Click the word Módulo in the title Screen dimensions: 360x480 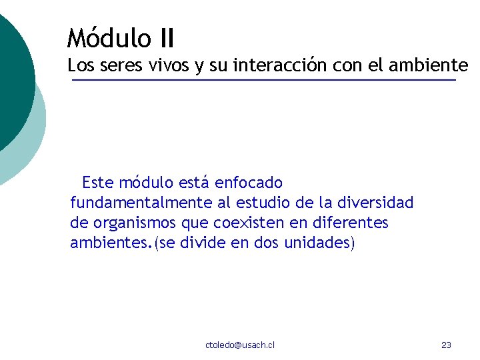tap(109, 38)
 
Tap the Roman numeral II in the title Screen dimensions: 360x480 tap(166, 38)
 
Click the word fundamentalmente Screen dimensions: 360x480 tap(141, 203)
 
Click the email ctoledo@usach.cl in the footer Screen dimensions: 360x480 tap(240, 345)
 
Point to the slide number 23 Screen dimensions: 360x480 tap(447, 345)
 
